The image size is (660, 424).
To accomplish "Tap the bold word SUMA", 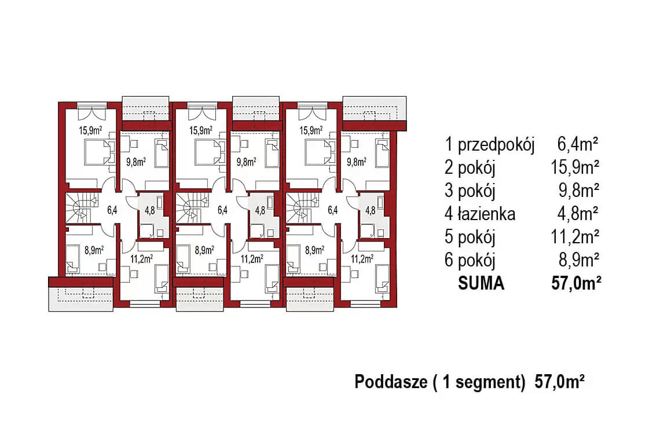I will [481, 283].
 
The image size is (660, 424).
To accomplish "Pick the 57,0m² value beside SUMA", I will [575, 283].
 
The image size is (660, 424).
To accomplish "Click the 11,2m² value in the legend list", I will [575, 237].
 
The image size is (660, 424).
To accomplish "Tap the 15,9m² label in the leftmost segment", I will [90, 130].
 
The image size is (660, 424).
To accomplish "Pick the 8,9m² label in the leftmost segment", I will [94, 250].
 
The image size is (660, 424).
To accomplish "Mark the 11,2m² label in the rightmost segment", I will [362, 258].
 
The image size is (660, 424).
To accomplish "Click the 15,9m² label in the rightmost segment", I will [311, 130].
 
